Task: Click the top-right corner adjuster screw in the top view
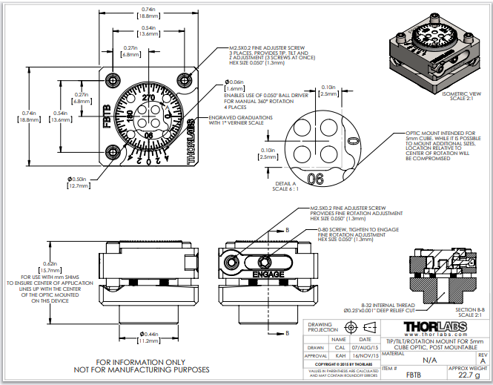click(x=185, y=79)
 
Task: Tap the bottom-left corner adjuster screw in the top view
click(x=112, y=153)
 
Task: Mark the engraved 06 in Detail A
click(x=315, y=178)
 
